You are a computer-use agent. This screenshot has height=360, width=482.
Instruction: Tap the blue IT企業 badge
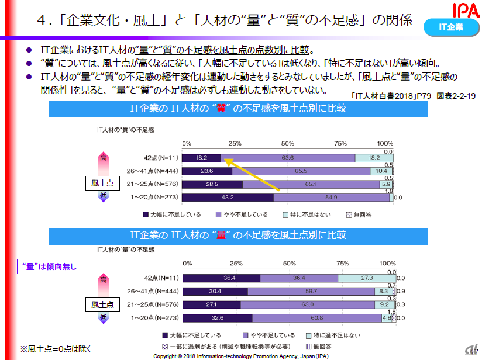click(451, 27)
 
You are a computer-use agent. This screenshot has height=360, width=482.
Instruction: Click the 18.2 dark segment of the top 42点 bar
click(201, 158)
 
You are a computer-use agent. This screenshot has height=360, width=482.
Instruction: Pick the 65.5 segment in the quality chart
click(301, 171)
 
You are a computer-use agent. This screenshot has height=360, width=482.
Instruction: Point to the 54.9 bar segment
click(328, 198)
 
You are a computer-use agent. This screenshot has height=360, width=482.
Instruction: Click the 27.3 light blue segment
click(365, 278)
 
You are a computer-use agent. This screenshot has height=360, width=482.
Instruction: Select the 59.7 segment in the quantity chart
click(311, 291)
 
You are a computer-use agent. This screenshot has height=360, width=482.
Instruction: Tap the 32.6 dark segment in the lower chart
click(217, 318)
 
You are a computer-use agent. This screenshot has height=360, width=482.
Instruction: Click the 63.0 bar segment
click(307, 304)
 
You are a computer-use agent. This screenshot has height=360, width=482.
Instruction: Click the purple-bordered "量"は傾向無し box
click(50, 267)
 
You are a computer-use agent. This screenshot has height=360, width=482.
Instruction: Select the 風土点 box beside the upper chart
click(102, 184)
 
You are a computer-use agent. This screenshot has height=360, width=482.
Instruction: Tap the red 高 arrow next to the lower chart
click(104, 280)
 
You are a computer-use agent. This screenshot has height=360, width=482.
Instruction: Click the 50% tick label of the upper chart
click(287, 144)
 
